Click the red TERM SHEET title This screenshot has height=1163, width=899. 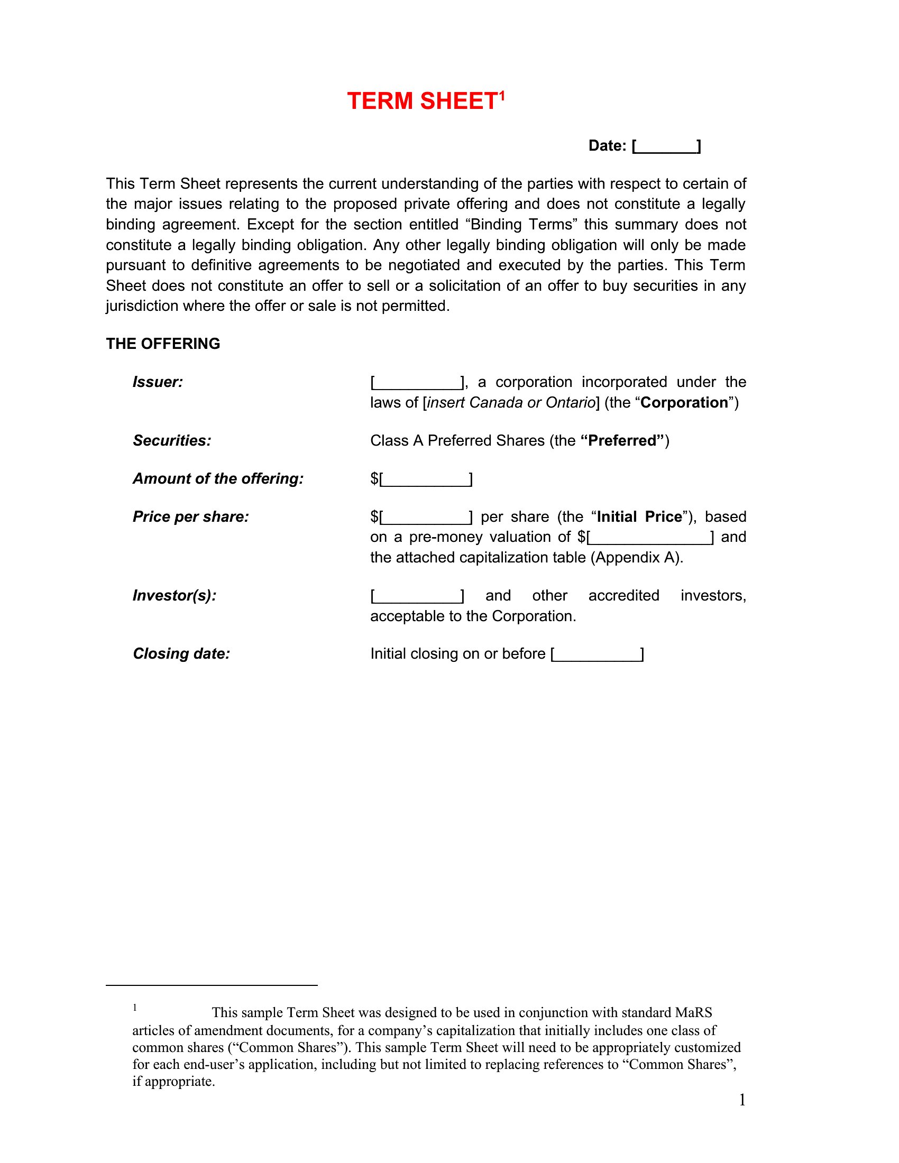pos(422,101)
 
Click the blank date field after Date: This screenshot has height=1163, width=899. pos(667,146)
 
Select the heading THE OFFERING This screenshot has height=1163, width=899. pos(163,344)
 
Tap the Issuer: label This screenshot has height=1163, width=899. pos(158,382)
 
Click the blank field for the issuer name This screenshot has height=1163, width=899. pos(418,383)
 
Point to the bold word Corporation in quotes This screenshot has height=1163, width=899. pos(684,403)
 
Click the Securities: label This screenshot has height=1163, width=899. pos(172,440)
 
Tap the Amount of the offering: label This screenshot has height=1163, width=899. pos(218,479)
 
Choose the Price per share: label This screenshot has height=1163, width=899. pos(191,516)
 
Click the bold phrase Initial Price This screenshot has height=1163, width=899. pos(639,516)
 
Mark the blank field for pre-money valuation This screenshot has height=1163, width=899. pos(650,538)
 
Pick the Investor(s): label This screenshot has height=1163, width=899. pos(175,595)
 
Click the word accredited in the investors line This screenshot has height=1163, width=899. pos(623,595)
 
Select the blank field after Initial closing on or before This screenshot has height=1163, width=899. pos(598,654)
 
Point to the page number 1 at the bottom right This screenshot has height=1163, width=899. pos(742,1100)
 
